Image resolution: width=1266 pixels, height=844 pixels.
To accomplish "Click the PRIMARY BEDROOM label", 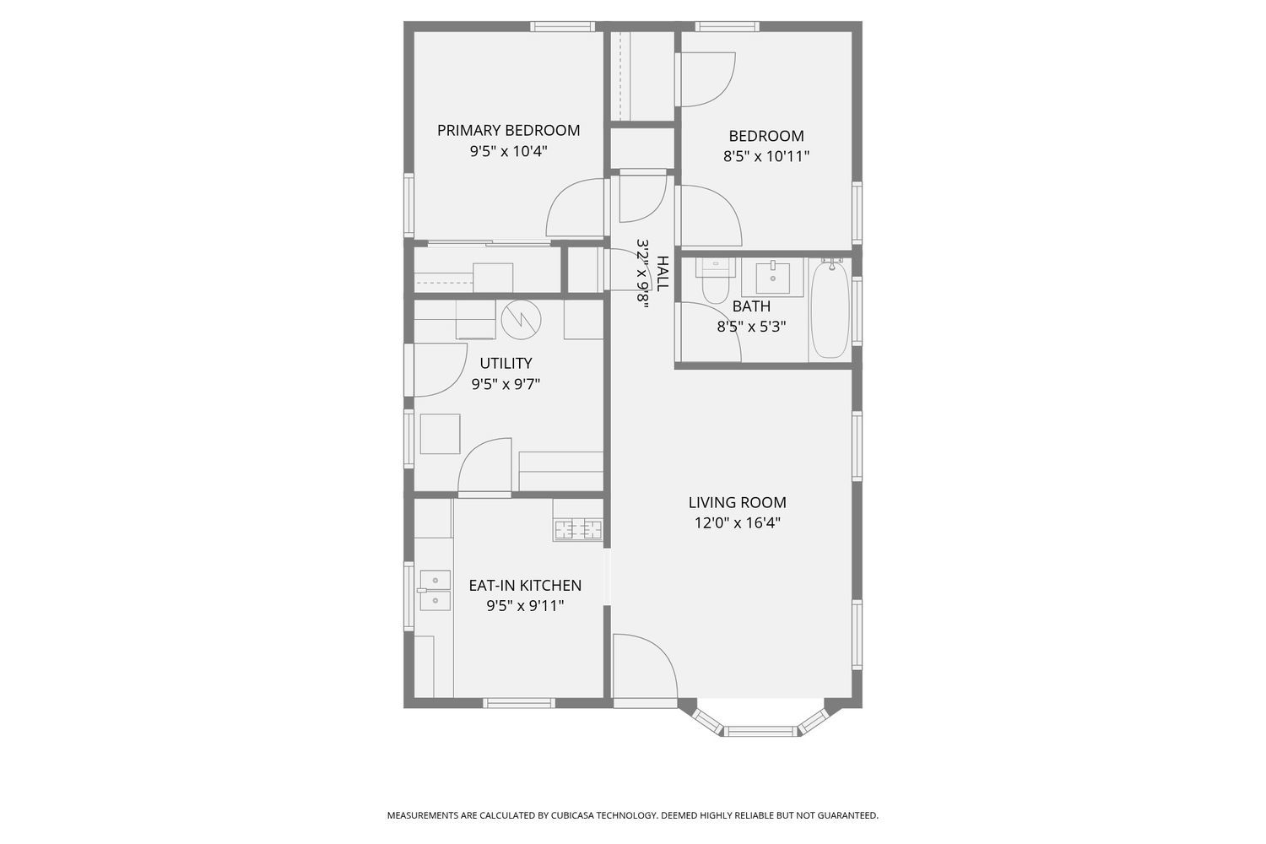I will pyautogui.click(x=508, y=131).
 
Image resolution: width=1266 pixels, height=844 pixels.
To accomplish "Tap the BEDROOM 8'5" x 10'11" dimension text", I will pyautogui.click(x=766, y=156).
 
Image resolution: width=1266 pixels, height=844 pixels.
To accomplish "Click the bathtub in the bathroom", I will pyautogui.click(x=830, y=308).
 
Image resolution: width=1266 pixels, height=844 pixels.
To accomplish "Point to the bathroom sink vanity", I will pyautogui.click(x=772, y=277).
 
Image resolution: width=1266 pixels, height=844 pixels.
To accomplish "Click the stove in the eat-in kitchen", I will pyautogui.click(x=578, y=530).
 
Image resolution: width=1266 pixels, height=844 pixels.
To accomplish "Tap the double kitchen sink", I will pyautogui.click(x=435, y=590).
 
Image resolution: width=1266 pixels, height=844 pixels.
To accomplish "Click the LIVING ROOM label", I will pyautogui.click(x=737, y=503).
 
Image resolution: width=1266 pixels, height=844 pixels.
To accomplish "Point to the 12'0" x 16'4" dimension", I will pyautogui.click(x=737, y=523).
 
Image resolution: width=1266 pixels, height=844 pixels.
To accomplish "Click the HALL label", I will pyautogui.click(x=663, y=273).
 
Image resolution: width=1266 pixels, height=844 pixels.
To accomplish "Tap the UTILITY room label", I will pyautogui.click(x=506, y=364).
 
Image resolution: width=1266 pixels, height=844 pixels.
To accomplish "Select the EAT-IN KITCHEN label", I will pyautogui.click(x=525, y=586).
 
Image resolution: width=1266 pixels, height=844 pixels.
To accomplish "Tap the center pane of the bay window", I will pyautogui.click(x=761, y=731).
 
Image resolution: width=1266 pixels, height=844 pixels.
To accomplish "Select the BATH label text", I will pyautogui.click(x=751, y=306).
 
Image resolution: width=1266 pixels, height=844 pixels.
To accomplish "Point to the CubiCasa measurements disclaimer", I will pyautogui.click(x=632, y=815).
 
